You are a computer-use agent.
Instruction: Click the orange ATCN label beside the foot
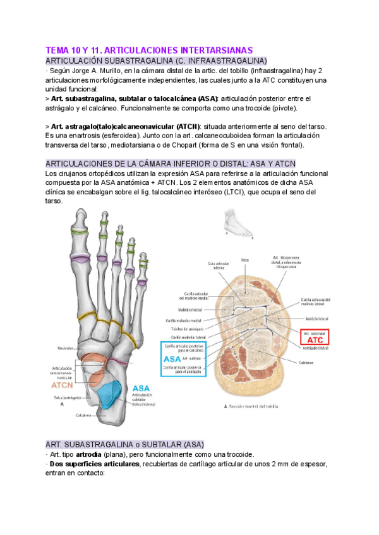pyautogui.click(x=64, y=384)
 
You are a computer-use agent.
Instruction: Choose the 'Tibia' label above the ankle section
pyautogui.click(x=244, y=259)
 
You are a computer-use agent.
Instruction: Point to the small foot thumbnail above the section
pyautogui.click(x=236, y=225)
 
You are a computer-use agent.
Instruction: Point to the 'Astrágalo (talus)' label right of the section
pyautogui.click(x=319, y=348)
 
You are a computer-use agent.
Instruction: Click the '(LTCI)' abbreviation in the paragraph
pyautogui.click(x=236, y=192)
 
